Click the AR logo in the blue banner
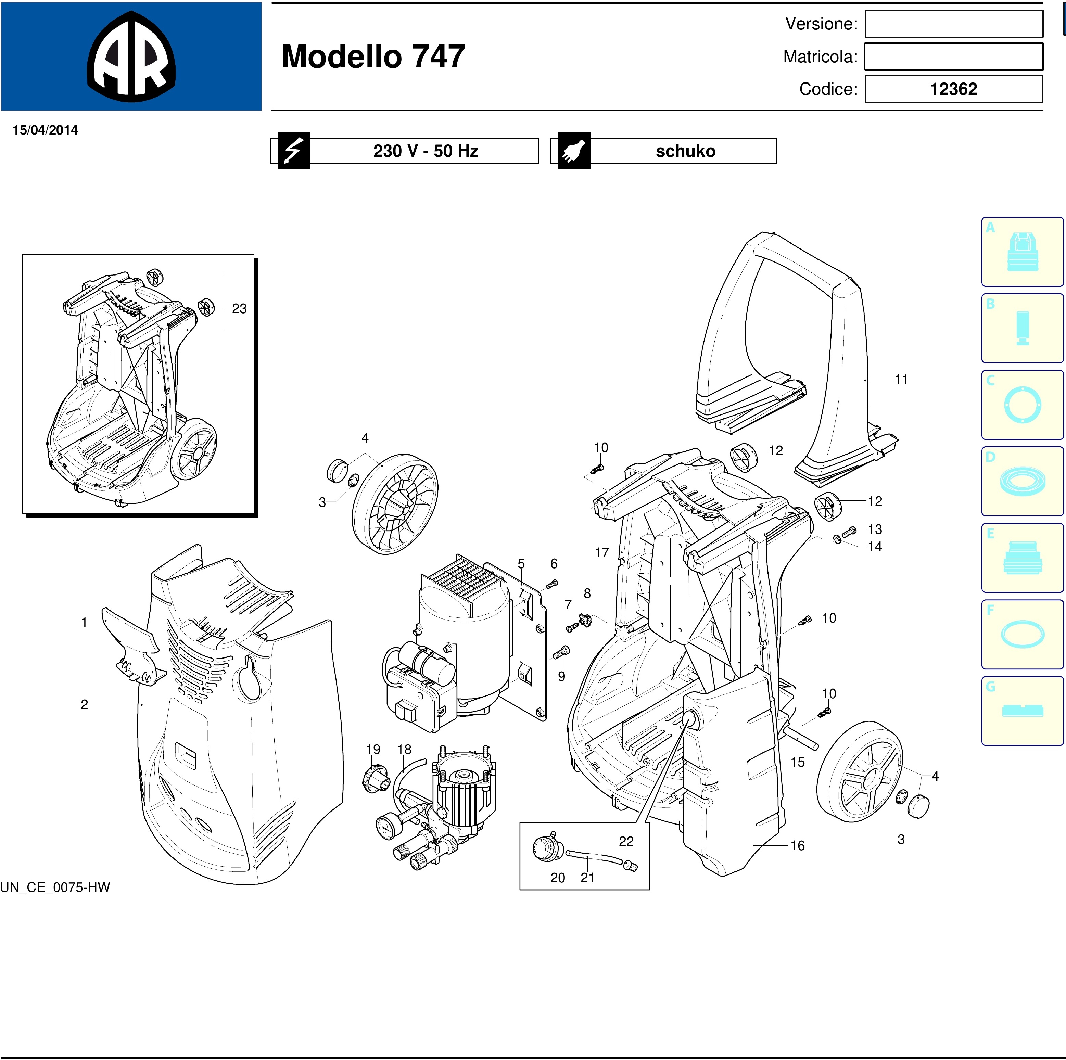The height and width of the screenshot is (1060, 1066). click(131, 56)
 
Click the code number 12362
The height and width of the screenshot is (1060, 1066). click(953, 89)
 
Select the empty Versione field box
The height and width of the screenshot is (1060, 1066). click(953, 24)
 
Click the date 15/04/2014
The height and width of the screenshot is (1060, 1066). click(45, 130)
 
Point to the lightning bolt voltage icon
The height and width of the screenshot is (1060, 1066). click(293, 151)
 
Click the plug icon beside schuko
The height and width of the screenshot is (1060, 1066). click(574, 151)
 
